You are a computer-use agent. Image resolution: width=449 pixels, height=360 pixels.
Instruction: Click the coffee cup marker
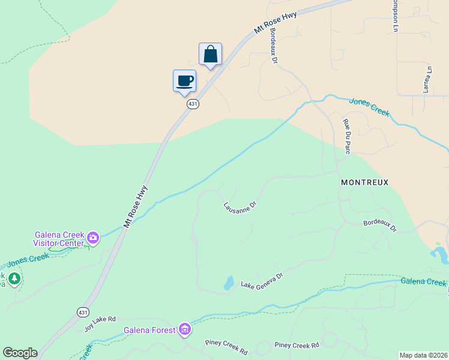tap(184, 80)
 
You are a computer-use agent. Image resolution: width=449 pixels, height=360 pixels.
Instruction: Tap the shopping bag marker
tap(210, 54)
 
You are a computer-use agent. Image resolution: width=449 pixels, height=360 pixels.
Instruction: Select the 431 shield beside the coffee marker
tap(193, 104)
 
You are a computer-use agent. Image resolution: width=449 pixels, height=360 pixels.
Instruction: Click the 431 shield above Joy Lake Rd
tap(83, 312)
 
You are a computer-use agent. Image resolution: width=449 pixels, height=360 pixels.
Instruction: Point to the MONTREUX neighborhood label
tap(365, 182)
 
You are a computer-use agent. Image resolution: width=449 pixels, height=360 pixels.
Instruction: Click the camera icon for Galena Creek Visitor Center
tap(93, 238)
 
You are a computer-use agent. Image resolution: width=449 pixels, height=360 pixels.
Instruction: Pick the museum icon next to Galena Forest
tap(185, 329)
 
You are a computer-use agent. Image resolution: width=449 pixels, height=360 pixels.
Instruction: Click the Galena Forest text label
tap(150, 330)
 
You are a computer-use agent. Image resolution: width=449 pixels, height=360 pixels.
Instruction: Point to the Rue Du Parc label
tap(346, 137)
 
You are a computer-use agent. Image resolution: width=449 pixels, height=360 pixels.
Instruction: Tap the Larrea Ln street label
tap(428, 79)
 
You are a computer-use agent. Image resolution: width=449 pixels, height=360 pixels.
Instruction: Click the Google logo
tap(20, 353)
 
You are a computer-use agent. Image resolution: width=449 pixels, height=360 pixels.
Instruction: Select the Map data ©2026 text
tap(423, 355)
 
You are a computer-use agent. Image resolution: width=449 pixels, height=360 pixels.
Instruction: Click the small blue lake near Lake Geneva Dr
tap(228, 283)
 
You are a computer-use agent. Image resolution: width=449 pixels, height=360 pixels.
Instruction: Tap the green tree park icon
tap(14, 278)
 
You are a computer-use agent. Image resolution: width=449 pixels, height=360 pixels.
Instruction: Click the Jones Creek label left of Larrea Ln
tap(369, 107)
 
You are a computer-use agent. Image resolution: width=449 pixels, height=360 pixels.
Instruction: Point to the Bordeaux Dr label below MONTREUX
tap(380, 226)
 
